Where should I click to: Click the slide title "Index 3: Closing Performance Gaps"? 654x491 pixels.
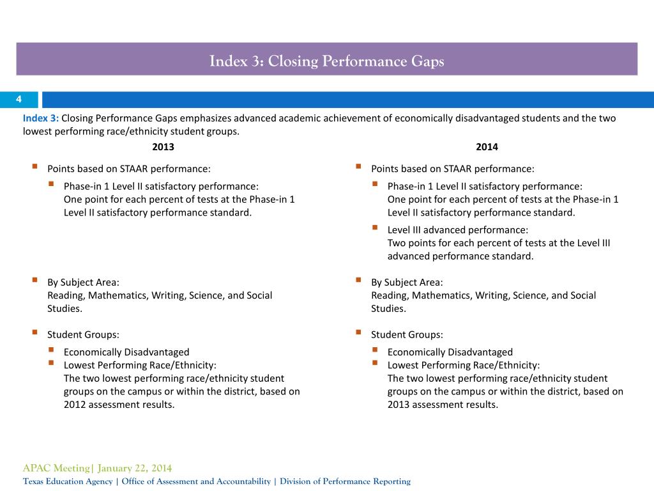[x=326, y=61]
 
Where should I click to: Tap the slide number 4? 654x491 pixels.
[x=19, y=99]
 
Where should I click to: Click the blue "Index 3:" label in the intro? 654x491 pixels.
[x=41, y=118]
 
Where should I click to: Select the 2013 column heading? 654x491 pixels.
[x=163, y=147]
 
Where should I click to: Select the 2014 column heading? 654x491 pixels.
[x=487, y=147]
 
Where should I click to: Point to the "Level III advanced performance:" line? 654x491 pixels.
[x=457, y=230]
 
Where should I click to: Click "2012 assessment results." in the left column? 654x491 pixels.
[x=119, y=405]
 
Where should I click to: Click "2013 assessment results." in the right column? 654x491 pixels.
[x=443, y=405]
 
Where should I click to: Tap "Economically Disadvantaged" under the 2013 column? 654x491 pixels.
[x=126, y=352]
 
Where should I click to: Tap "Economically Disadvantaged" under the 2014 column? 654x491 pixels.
[x=450, y=352]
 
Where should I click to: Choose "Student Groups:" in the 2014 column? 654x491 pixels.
[x=407, y=334]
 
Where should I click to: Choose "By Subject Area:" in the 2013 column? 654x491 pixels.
[x=83, y=282]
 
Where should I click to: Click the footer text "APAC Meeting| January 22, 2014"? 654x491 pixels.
[x=97, y=468]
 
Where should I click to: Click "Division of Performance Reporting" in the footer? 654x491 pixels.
[x=345, y=481]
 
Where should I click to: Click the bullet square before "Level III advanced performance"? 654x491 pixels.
[x=375, y=228]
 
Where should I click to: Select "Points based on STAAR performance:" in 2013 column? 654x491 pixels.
[x=129, y=169]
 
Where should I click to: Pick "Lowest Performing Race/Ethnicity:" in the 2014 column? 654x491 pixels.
[x=464, y=365]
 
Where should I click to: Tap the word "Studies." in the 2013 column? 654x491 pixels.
[x=65, y=309]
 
